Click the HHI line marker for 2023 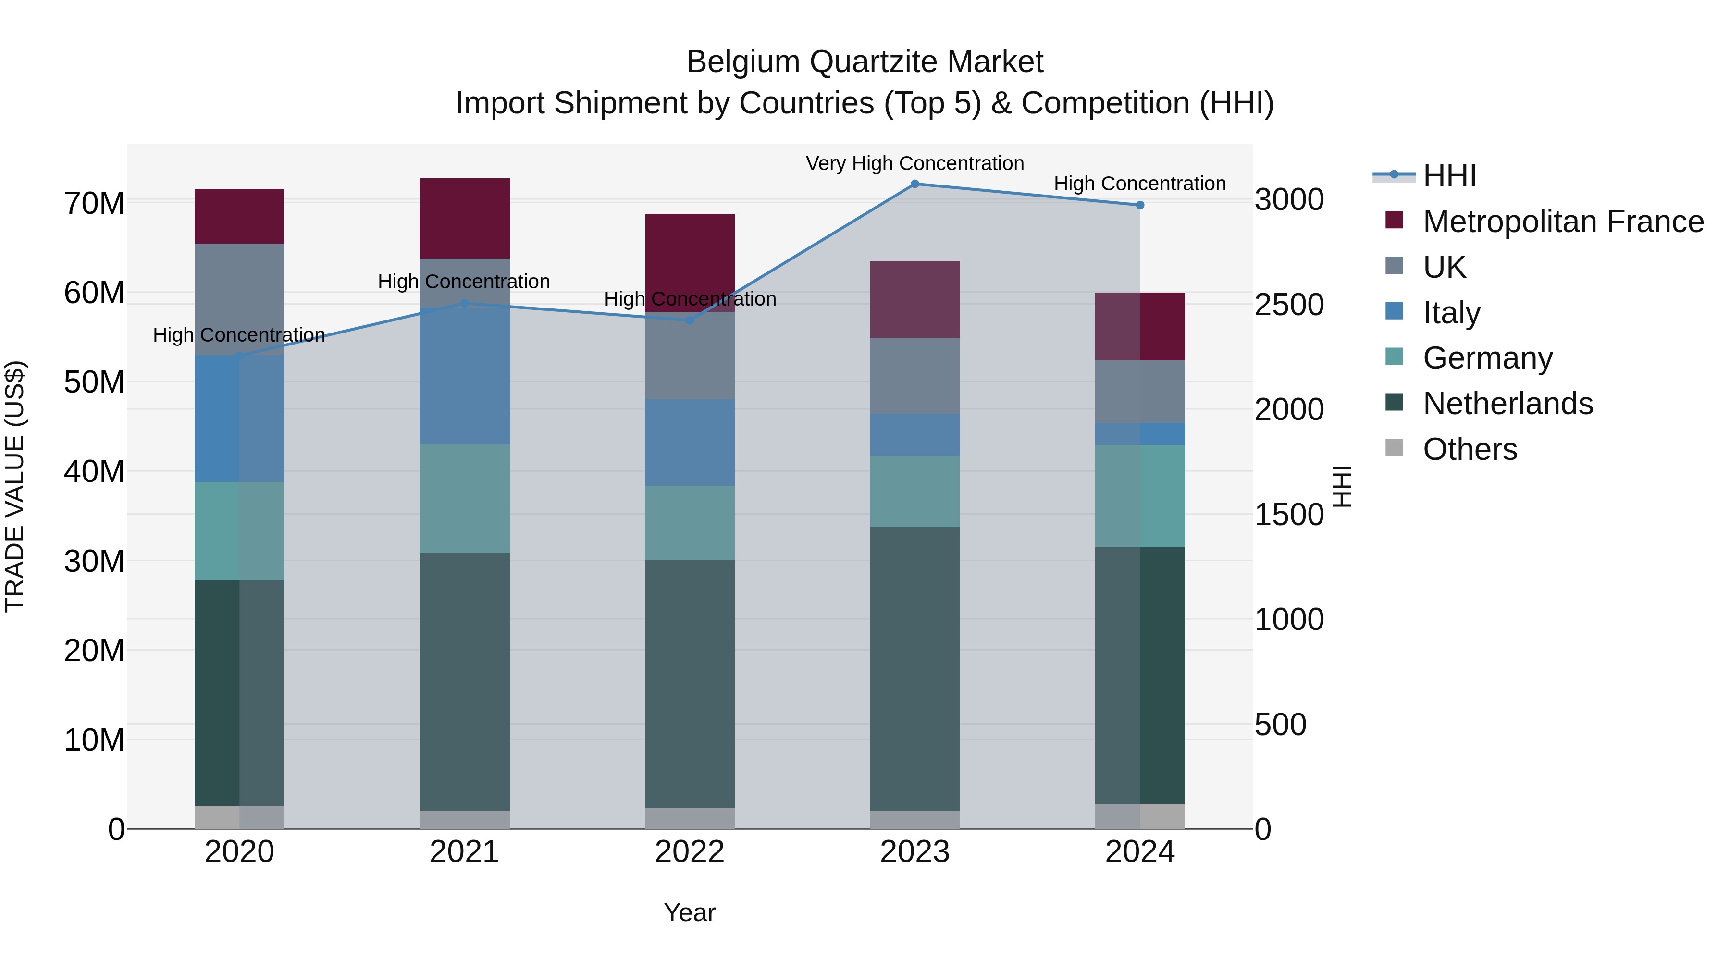pos(914,184)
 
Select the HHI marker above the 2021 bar pos(464,304)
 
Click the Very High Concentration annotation pos(914,164)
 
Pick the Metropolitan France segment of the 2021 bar pos(464,218)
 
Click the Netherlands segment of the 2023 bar pos(914,668)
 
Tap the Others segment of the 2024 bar pos(1140,816)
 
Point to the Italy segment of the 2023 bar pos(914,435)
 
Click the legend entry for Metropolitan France pos(1563,222)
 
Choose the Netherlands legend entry pos(1508,404)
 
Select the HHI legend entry pos(1449,176)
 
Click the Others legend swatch pos(1394,448)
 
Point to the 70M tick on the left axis pos(94,203)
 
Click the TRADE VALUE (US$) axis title pos(15,486)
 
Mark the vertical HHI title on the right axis pos(1341,486)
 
